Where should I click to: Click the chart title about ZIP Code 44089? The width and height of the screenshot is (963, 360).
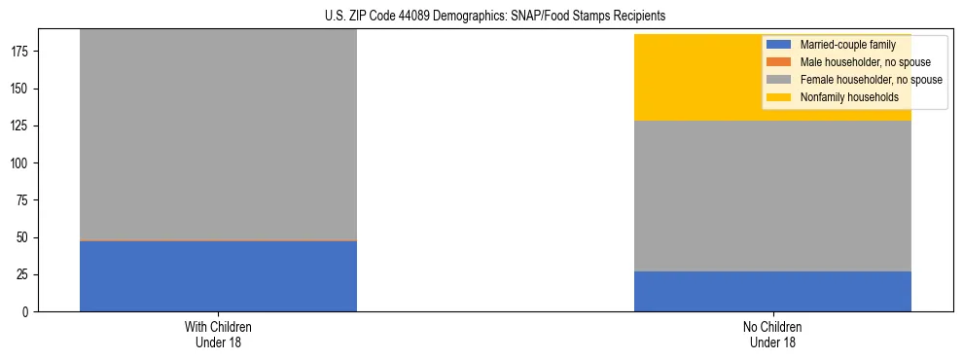495,17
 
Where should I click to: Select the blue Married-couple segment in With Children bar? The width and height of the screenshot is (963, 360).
218,276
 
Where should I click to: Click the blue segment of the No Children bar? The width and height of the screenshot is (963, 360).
772,291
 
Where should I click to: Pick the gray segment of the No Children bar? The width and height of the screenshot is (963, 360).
772,196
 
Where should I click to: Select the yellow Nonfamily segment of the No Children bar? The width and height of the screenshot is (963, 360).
700,78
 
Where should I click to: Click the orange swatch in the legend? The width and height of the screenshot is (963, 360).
779,62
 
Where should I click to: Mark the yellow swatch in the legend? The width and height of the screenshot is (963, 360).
779,97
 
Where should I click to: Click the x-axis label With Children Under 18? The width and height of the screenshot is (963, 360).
218,334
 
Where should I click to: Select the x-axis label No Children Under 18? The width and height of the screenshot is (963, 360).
772,334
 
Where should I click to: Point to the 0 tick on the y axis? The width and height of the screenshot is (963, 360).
29,311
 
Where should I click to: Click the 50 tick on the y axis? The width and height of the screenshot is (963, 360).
26,237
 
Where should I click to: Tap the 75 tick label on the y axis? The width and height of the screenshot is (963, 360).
26,200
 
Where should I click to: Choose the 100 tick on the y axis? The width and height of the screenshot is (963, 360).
23,163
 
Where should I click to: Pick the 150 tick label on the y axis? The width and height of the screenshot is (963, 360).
23,90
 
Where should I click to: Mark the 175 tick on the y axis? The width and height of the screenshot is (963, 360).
23,53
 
